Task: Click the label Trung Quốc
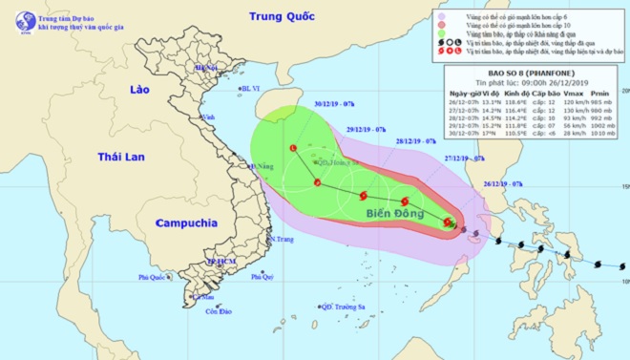pyautogui.click(x=281, y=16)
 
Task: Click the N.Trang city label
pyautogui.click(x=283, y=239)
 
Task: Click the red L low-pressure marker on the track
pyautogui.click(x=293, y=147)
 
